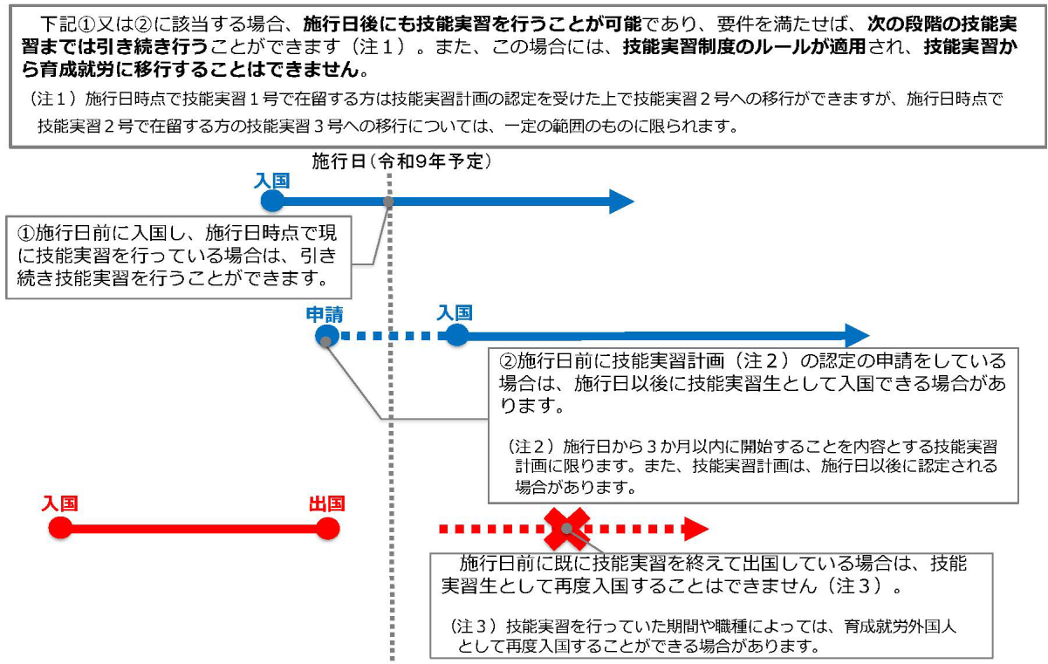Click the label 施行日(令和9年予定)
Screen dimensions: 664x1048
[402, 161]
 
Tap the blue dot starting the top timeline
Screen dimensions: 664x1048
[272, 202]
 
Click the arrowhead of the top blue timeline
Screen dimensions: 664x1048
[620, 202]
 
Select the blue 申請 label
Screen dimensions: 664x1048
[324, 315]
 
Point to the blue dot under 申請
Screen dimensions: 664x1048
[326, 336]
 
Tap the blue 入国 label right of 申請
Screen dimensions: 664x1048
[455, 313]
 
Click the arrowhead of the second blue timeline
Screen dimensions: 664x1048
[857, 336]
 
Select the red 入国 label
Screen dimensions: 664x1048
[60, 504]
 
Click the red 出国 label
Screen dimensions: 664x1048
[326, 504]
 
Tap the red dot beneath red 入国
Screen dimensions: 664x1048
[60, 528]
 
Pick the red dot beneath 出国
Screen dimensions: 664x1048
[327, 528]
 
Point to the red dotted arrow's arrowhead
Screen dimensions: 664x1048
[695, 529]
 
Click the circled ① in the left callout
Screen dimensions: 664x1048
[25, 233]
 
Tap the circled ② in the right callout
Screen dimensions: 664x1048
[507, 361]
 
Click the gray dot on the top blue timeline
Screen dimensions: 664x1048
[388, 202]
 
